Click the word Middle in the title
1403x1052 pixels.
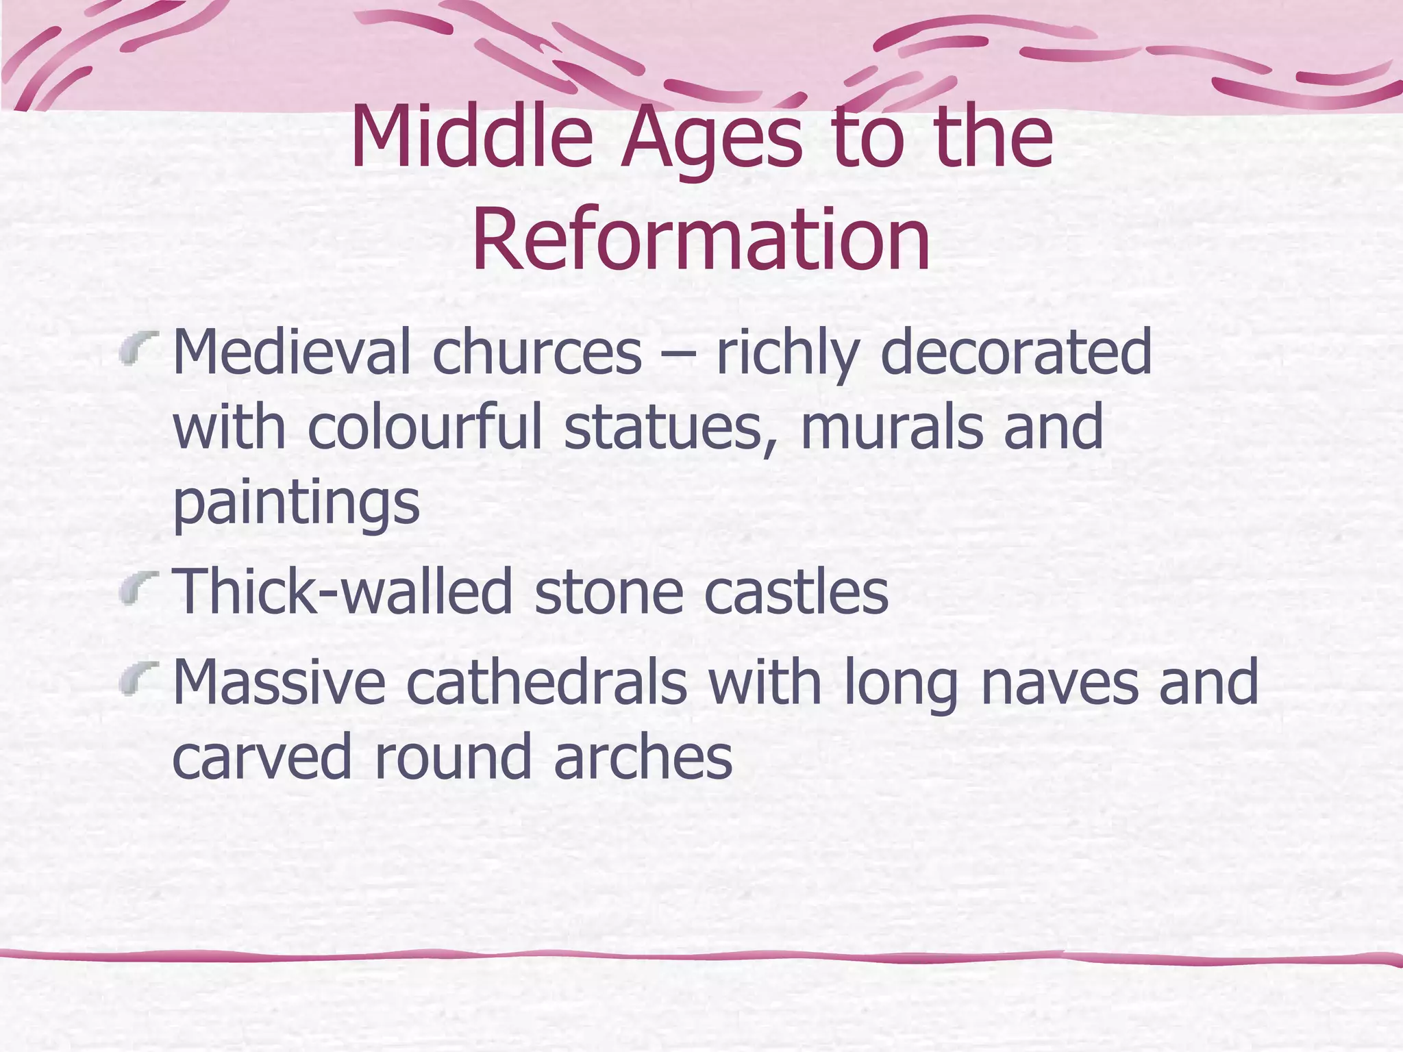pyautogui.click(x=471, y=137)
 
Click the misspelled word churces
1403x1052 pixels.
pyautogui.click(x=536, y=353)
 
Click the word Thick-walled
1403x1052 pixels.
pyautogui.click(x=343, y=592)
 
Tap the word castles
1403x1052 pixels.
pyautogui.click(x=796, y=592)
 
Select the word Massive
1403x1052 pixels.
pyautogui.click(x=280, y=682)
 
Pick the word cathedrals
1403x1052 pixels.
pyautogui.click(x=546, y=682)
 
